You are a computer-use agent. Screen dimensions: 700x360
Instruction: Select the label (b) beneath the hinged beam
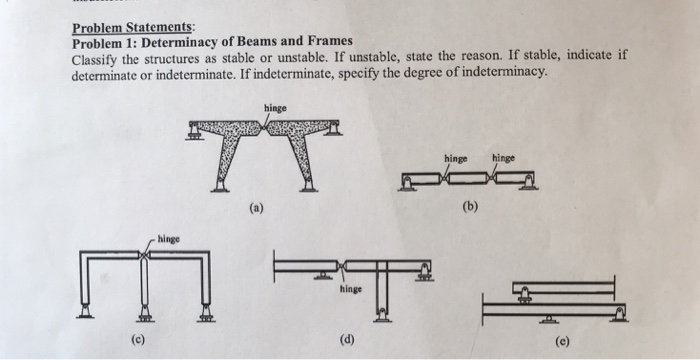pyautogui.click(x=470, y=208)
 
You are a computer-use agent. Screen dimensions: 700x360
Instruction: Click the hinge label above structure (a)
pyautogui.click(x=275, y=107)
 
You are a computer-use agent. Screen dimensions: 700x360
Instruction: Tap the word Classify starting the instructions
pyautogui.click(x=95, y=59)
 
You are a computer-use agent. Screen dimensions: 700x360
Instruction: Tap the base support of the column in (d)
pyautogui.click(x=381, y=317)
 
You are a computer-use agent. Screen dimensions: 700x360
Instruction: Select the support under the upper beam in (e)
pyautogui.click(x=523, y=297)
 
